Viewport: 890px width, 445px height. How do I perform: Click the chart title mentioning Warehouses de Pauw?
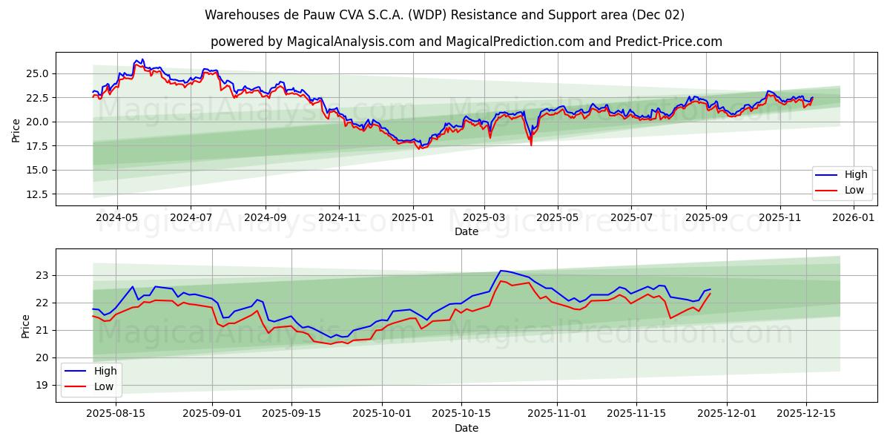point(444,15)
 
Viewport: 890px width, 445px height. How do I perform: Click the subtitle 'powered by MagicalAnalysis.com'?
point(444,42)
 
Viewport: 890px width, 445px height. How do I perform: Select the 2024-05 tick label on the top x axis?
point(117,217)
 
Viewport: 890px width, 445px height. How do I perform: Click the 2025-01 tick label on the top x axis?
point(412,217)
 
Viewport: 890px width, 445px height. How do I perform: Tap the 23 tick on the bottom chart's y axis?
point(43,275)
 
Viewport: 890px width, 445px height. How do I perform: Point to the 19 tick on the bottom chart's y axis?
point(43,385)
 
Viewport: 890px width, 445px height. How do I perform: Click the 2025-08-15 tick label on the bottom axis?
point(116,414)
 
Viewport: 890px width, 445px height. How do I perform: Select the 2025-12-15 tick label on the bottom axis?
point(805,414)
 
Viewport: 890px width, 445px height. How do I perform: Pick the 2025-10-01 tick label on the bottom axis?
point(382,414)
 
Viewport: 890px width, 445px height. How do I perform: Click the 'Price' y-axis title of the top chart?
point(16,130)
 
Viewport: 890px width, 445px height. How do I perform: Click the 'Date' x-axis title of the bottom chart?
point(467,428)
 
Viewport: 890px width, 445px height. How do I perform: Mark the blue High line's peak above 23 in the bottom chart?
point(501,271)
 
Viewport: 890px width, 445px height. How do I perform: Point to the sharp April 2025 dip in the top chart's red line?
point(530,145)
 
